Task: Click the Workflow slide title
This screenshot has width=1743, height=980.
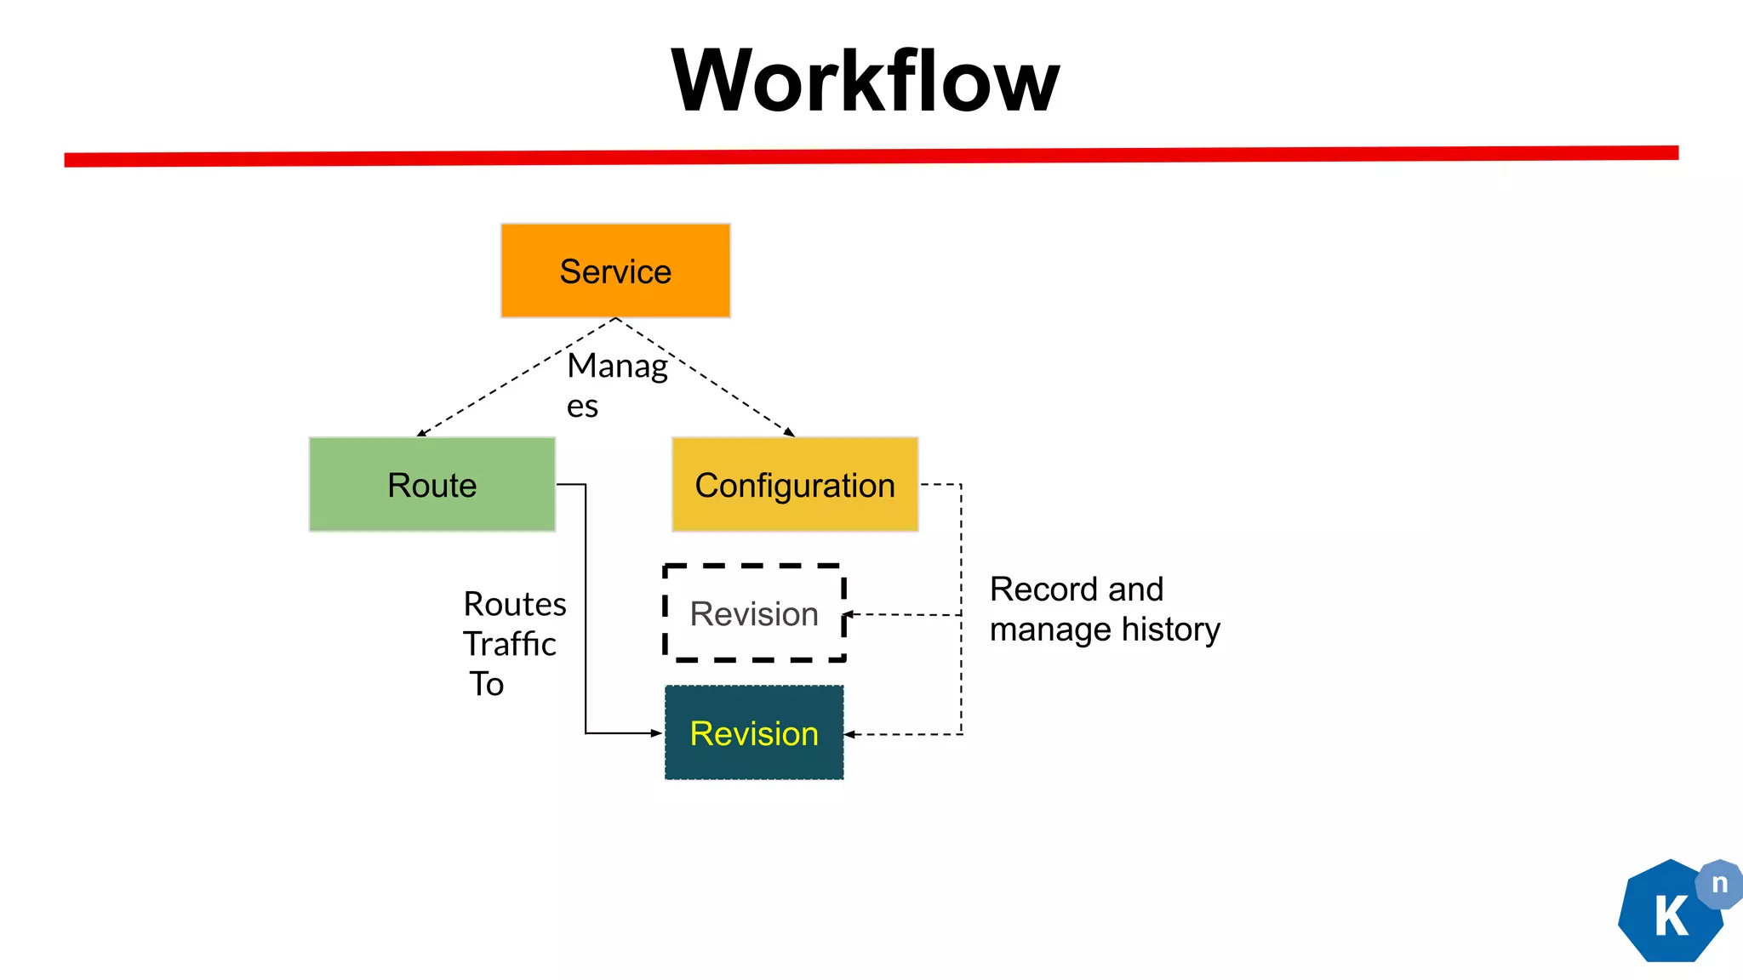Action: [x=865, y=81]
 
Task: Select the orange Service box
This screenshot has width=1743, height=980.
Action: [x=615, y=271]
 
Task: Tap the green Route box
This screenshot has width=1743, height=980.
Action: [x=432, y=485]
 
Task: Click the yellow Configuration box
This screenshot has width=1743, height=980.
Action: [x=795, y=485]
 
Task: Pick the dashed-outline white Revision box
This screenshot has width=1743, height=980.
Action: [x=754, y=613]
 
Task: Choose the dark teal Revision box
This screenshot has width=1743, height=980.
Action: [x=754, y=732]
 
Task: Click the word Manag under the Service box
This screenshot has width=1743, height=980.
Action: [x=617, y=367]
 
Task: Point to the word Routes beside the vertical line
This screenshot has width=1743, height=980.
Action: [x=515, y=604]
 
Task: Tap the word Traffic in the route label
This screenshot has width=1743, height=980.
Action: [x=509, y=644]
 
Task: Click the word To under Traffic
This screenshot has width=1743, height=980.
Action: [x=487, y=684]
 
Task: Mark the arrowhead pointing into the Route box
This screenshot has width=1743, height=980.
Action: [x=421, y=433]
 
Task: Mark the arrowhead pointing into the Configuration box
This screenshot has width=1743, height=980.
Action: [x=790, y=433]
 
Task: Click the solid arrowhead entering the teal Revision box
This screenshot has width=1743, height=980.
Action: [x=656, y=732]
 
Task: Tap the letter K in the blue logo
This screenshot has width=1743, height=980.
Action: [x=1671, y=917]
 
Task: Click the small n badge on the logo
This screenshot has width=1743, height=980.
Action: [x=1719, y=884]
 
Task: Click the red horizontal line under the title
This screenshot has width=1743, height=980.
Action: [x=871, y=156]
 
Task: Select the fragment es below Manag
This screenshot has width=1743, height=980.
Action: [x=582, y=407]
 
